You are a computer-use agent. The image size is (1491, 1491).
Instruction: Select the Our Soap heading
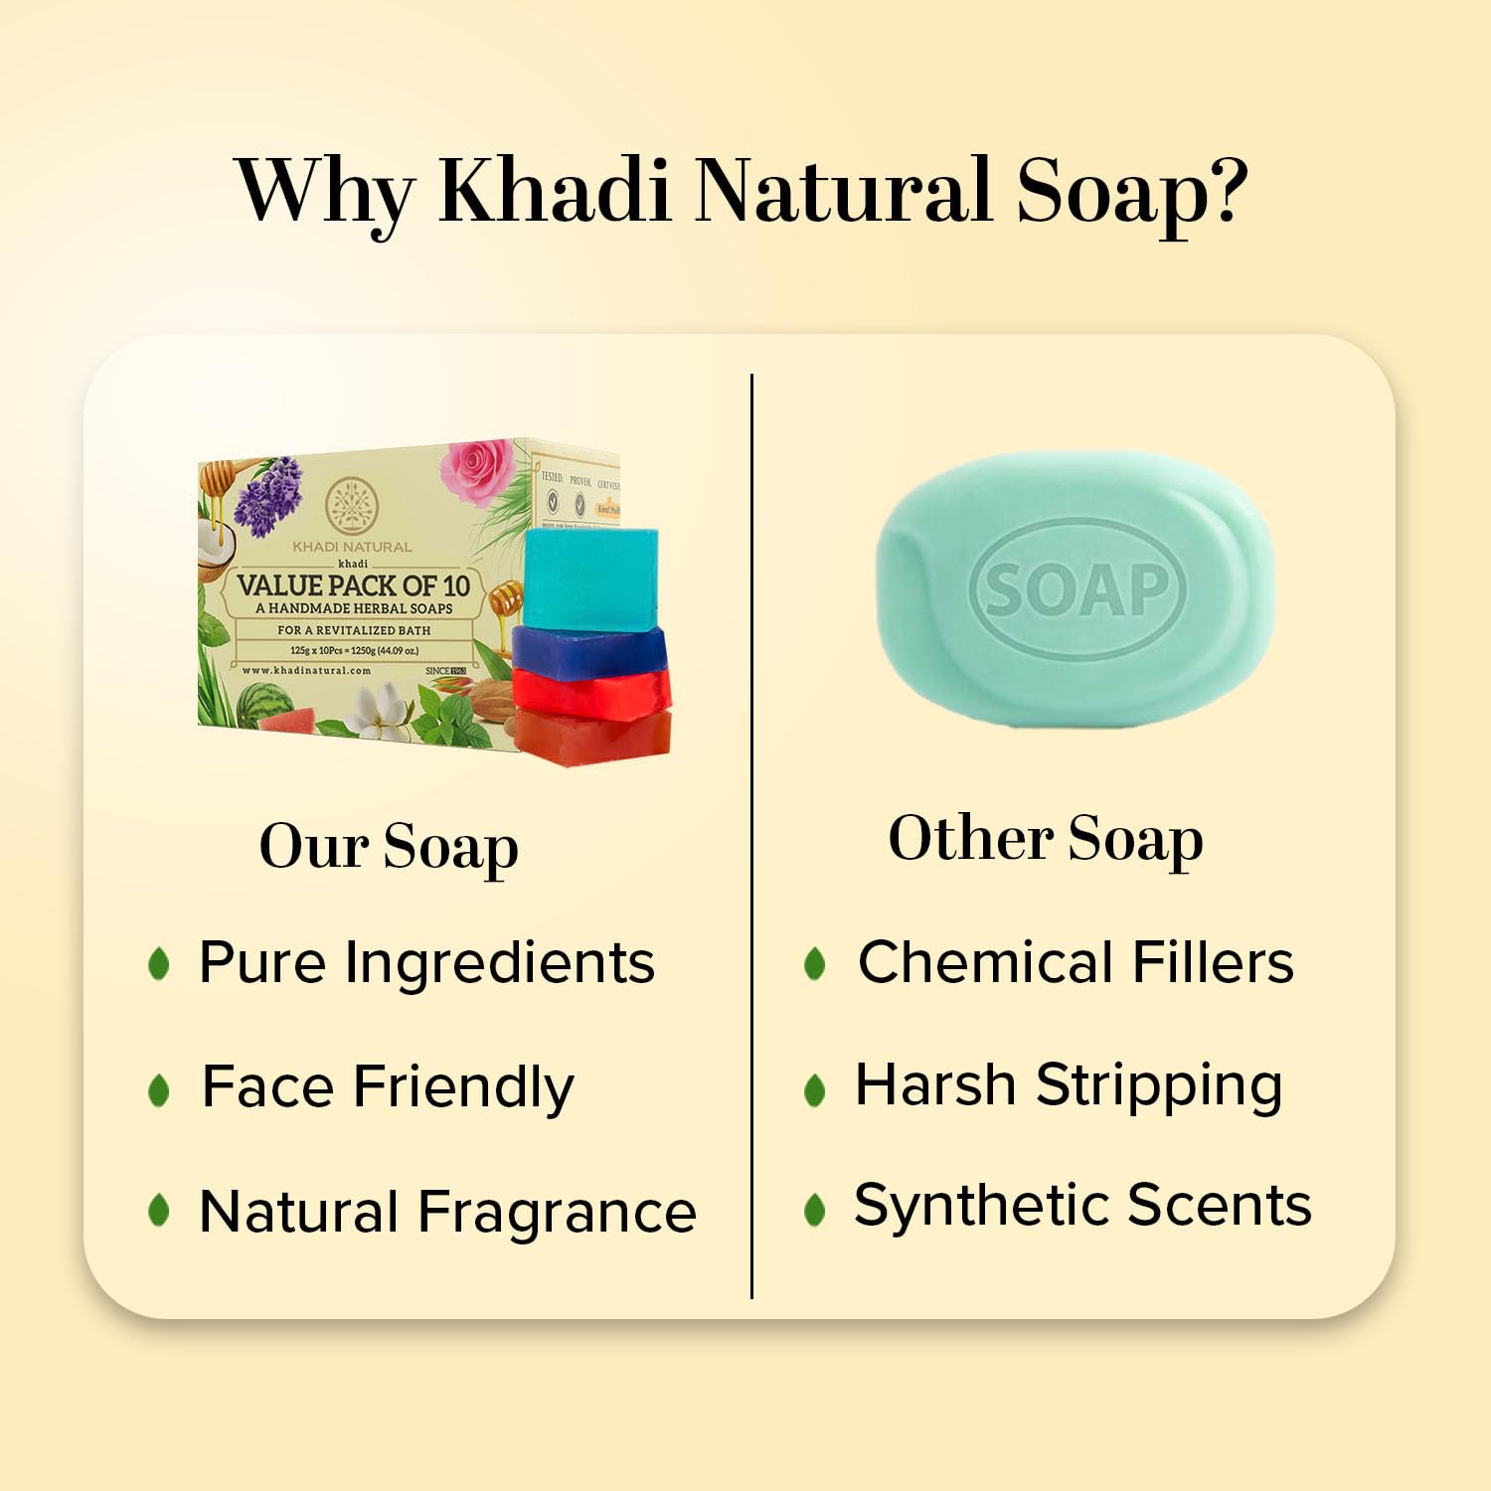[x=389, y=848]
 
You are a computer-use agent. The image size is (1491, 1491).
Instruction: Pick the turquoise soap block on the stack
[x=590, y=578]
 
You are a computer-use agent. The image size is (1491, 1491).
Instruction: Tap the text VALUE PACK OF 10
[x=353, y=584]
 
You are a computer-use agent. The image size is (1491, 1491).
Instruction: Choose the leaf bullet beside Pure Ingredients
[x=158, y=963]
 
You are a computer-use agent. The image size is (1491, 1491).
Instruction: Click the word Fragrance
[x=557, y=1212]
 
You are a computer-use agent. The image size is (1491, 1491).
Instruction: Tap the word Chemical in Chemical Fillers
[x=985, y=962]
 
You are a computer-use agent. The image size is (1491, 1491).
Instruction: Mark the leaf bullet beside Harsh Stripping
[x=815, y=1089]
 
